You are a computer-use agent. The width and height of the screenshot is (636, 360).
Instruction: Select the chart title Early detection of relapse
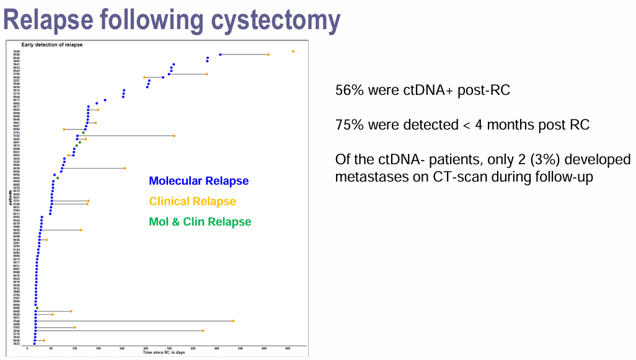pos(51,45)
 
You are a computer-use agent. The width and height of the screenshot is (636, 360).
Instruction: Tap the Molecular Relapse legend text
pos(198,181)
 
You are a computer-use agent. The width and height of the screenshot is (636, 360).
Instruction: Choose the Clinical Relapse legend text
pos(192,201)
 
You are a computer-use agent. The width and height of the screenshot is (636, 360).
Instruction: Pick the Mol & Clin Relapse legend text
pos(200,222)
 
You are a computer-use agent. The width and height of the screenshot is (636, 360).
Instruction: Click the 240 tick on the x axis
pos(122,349)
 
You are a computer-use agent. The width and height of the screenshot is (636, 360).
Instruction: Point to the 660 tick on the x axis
pos(288,349)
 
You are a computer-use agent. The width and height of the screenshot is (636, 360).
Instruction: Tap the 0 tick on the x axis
pos(28,349)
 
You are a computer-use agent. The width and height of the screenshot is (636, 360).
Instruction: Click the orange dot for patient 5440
pos(293,51)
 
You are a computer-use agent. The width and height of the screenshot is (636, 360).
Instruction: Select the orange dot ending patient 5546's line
pos(233,321)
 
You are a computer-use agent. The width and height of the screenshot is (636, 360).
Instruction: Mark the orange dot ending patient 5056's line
pos(203,331)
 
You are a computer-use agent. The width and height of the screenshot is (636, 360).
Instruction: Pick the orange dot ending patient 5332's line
pos(174,136)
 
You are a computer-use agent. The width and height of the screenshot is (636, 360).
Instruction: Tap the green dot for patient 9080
pos(37,308)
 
